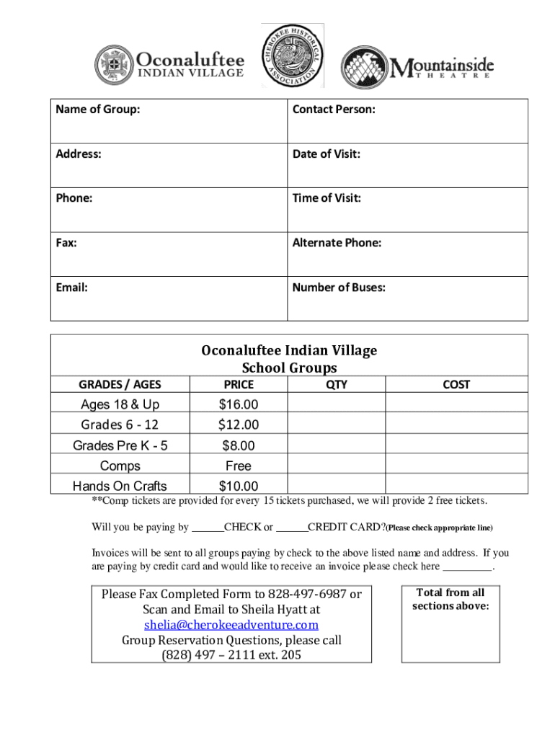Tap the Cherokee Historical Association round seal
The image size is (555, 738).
(292, 55)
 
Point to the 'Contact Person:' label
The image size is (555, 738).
(334, 110)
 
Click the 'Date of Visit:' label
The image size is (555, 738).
(327, 154)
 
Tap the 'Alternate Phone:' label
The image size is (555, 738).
(337, 243)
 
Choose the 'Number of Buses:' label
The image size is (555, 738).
(339, 288)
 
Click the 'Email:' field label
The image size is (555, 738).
(72, 288)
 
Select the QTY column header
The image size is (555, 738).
(337, 385)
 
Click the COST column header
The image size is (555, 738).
(456, 385)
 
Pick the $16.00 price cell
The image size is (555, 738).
(239, 404)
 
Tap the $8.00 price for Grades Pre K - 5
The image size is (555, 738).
(239, 445)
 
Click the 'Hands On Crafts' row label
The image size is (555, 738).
(120, 486)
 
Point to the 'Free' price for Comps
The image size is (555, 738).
(239, 466)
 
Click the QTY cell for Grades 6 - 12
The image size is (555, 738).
(337, 424)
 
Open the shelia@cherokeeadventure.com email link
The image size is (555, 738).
(231, 625)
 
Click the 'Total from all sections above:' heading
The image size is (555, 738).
(450, 599)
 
